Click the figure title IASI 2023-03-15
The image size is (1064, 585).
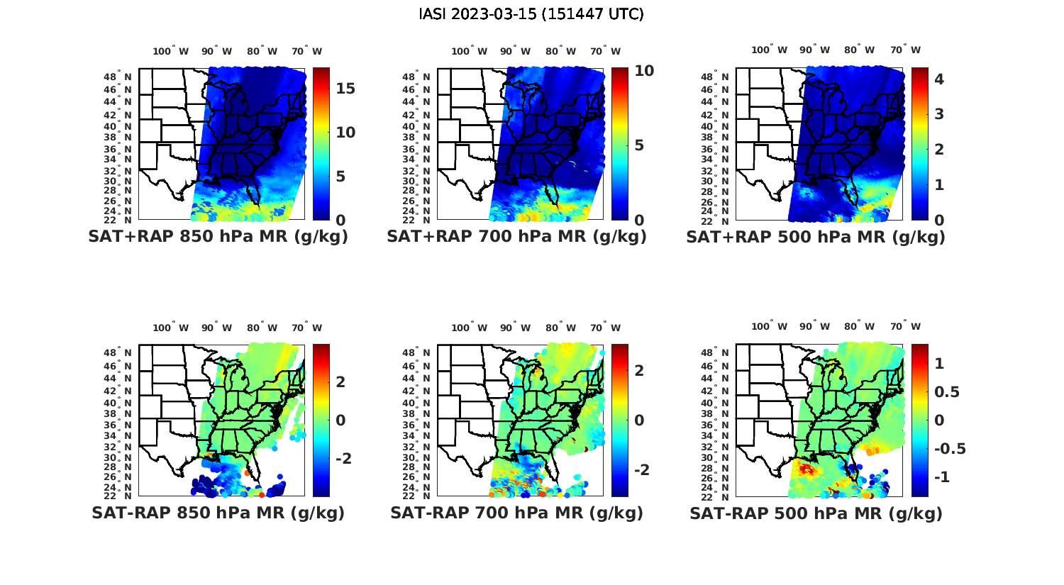tap(531, 14)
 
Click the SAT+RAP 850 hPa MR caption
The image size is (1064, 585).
tap(218, 237)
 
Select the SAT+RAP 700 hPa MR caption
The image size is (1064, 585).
tap(516, 237)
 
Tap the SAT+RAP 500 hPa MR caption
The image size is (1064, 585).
tap(815, 237)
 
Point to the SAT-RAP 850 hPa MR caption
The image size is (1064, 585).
tap(218, 513)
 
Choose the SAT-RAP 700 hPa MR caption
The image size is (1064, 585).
tap(516, 513)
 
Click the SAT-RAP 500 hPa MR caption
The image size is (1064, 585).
tap(816, 513)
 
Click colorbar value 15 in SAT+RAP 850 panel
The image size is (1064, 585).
tap(345, 89)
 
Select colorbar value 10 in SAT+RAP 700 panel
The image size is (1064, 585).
tap(644, 70)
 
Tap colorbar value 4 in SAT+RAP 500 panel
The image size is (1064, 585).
tap(939, 79)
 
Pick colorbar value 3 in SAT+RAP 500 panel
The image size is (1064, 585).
tap(939, 113)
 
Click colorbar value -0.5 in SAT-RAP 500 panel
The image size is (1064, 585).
tap(950, 449)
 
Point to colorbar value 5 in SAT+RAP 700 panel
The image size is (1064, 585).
tap(639, 145)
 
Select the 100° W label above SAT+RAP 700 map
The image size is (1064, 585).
tap(469, 51)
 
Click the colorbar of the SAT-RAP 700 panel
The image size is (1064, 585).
tap(619, 420)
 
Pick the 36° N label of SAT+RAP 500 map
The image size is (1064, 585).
tap(716, 150)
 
